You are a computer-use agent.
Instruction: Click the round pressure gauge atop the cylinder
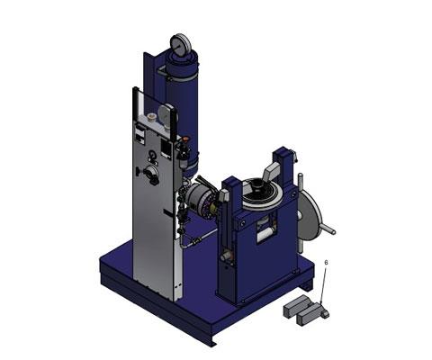[x=181, y=44]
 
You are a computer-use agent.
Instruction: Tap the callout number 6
[x=327, y=263]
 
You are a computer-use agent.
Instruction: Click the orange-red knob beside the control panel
[x=185, y=139]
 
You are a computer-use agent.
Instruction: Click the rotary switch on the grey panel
[x=149, y=172]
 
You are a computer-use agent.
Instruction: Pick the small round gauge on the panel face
[x=153, y=155]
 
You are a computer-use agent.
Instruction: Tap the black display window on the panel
[x=166, y=148]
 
